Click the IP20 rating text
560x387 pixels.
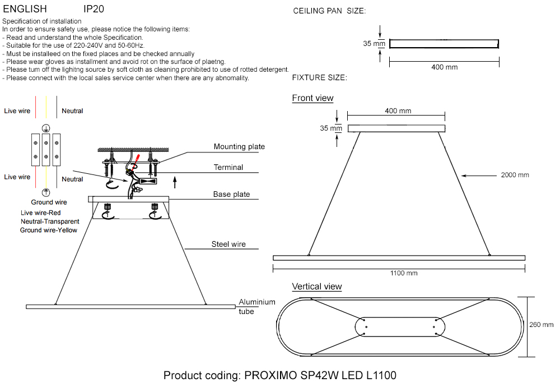tap(94, 10)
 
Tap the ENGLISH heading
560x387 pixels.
tap(25, 10)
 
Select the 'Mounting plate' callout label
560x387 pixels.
tap(239, 147)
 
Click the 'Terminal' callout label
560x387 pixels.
tap(228, 168)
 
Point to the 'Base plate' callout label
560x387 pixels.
tap(231, 195)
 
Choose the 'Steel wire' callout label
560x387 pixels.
tap(228, 245)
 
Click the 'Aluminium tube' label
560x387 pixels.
tap(257, 306)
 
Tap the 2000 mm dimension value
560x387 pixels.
tap(515, 176)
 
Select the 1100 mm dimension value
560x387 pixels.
tap(404, 273)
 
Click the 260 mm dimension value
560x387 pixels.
tap(541, 325)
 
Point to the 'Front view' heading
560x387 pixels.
tap(312, 98)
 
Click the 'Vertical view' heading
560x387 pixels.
tap(316, 287)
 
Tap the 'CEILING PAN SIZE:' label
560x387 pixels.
tap(329, 11)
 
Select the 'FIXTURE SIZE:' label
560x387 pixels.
tap(320, 77)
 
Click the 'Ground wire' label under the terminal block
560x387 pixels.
tap(49, 202)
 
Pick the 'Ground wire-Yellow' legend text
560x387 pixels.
tap(49, 230)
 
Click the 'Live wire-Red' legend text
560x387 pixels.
tap(40, 213)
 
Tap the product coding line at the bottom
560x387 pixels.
tap(280, 375)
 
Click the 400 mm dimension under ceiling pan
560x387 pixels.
tap(444, 67)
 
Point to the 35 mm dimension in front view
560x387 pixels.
tap(330, 128)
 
